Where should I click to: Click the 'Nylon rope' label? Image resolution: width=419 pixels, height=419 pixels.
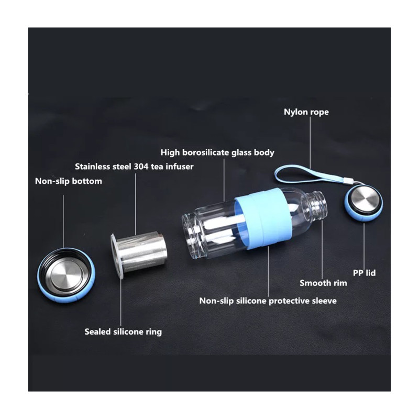[306, 112]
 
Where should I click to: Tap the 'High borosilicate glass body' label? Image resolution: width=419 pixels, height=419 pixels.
[217, 152]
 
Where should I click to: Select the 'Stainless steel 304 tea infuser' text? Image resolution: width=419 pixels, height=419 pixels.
[134, 167]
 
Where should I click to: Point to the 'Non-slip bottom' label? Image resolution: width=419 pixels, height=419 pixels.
[69, 181]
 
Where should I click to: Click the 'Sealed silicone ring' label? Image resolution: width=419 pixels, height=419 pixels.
[123, 332]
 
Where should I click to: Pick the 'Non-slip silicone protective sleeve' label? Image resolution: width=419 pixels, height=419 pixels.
[268, 301]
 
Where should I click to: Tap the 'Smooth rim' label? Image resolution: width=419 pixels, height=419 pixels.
[323, 283]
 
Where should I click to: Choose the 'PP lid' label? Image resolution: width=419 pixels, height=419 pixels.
[364, 273]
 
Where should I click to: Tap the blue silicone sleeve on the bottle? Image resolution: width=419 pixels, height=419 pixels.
[259, 218]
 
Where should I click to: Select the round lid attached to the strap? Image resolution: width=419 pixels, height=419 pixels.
[363, 203]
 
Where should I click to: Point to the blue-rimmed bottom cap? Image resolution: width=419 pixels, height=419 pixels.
[67, 277]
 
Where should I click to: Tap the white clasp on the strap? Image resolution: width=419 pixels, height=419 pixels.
[347, 181]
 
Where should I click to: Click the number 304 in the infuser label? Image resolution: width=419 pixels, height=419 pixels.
[141, 167]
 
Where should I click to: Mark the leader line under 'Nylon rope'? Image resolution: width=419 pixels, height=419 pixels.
[310, 142]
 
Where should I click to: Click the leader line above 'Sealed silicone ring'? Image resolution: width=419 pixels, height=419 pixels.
[121, 302]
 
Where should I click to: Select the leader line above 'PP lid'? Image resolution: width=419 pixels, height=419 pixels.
[363, 245]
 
